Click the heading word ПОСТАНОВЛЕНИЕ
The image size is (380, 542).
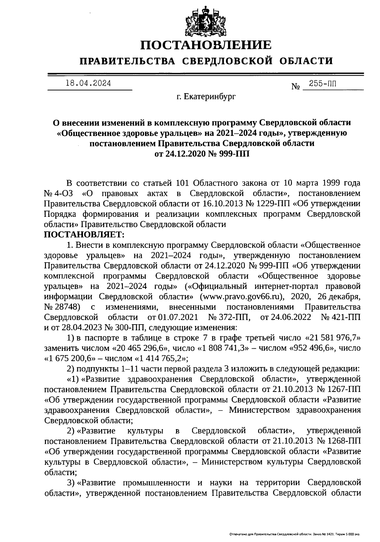pos(206,45)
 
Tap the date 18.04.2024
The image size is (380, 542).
pos(88,83)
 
